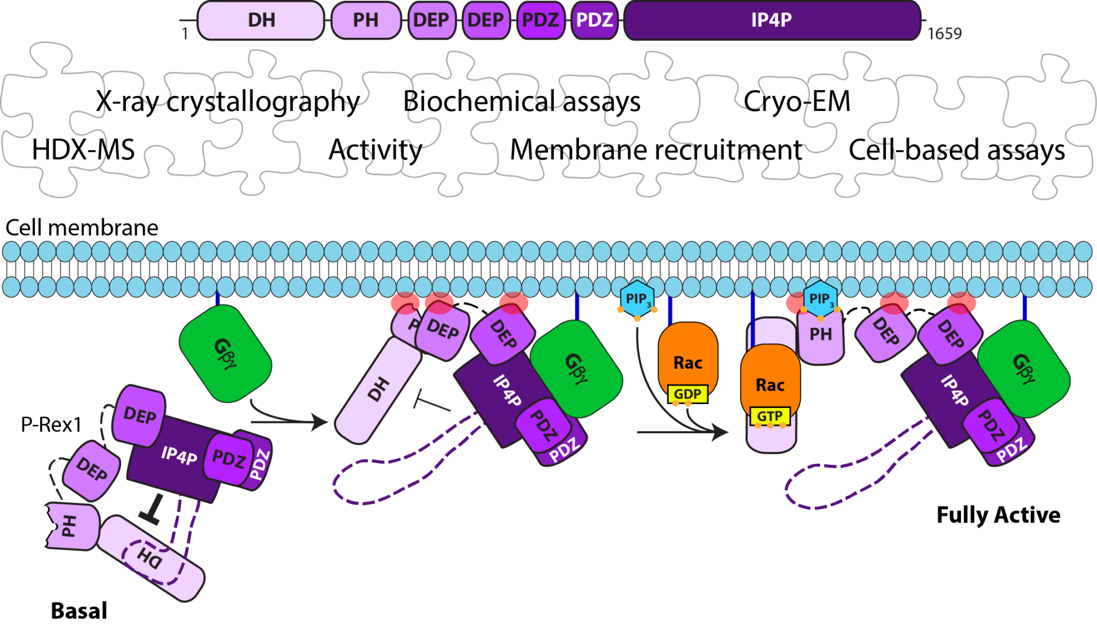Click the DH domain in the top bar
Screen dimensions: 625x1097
tap(261, 20)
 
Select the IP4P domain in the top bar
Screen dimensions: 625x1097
tap(771, 20)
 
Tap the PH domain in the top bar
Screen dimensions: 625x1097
tap(366, 20)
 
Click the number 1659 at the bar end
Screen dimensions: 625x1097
tap(944, 34)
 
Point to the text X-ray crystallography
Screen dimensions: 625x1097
tap(228, 101)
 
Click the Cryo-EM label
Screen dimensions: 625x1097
tap(797, 101)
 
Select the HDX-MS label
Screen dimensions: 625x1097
tap(83, 150)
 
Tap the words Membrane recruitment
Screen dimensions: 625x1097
tap(656, 150)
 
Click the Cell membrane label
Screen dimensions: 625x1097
tap(81, 228)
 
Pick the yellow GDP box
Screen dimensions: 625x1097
tap(687, 394)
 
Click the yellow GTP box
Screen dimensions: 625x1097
tap(770, 416)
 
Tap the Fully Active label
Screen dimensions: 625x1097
tap(998, 515)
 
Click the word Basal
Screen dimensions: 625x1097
tap(79, 611)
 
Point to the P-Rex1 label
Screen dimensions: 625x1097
tap(51, 425)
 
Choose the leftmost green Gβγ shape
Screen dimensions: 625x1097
tap(225, 353)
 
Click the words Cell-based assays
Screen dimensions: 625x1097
tap(957, 150)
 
